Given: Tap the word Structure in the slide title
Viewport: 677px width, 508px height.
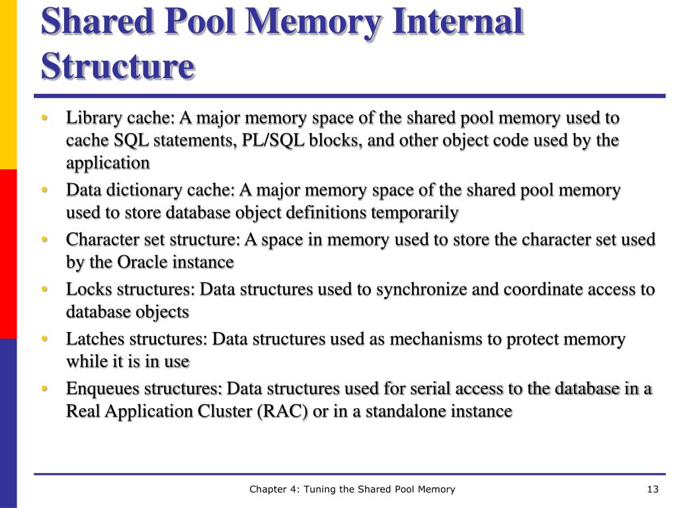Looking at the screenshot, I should point(118,67).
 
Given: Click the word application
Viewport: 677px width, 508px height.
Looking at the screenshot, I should point(108,163).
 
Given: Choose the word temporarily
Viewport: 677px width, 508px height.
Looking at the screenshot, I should point(415,213).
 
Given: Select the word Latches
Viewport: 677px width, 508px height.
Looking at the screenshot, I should point(91,339).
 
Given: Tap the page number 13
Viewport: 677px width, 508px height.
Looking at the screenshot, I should point(653,489).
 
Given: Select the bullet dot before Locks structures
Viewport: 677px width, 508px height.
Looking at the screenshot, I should point(44,290).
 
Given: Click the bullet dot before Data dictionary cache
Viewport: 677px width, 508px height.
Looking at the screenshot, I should point(44,190).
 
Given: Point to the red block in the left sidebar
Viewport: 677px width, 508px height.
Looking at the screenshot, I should point(8,253).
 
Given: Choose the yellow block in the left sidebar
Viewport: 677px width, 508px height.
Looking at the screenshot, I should point(8,84).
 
